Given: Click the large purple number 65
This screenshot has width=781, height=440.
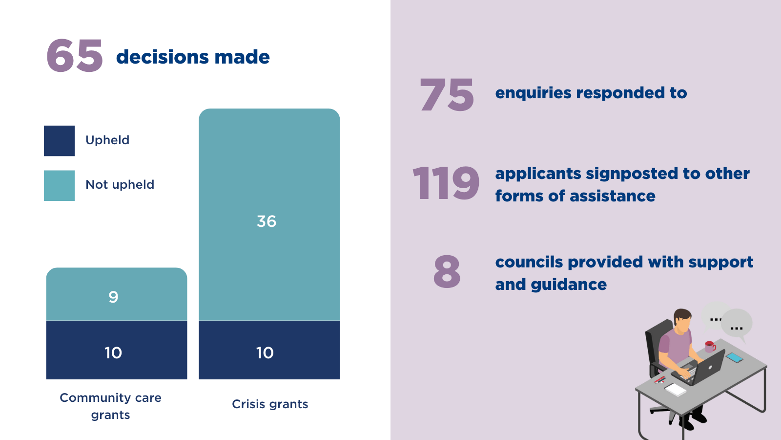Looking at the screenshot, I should pos(75,56).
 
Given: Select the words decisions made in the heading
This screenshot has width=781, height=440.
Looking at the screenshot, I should pos(193,57).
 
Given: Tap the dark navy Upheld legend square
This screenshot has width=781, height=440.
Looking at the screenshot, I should pos(59,141).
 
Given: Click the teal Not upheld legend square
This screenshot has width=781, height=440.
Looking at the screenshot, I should pos(59,185).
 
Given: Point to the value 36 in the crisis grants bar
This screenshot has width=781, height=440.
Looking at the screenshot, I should pos(267,221).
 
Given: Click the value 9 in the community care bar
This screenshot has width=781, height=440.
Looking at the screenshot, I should pos(113,297).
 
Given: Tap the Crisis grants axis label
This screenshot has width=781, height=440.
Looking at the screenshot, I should pos(270,404).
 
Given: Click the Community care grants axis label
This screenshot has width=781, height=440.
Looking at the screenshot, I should pos(111,406).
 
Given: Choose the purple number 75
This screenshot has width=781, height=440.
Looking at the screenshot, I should pos(447,95).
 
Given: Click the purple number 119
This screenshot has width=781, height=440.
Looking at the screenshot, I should pos(446,183).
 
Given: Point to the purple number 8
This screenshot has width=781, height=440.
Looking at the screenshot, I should pos(447,271).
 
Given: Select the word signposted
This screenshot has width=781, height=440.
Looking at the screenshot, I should pos(632,174).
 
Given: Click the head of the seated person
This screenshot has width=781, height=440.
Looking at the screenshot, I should pos(682,320).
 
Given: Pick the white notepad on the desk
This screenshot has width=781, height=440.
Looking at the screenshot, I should pos(676,389).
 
